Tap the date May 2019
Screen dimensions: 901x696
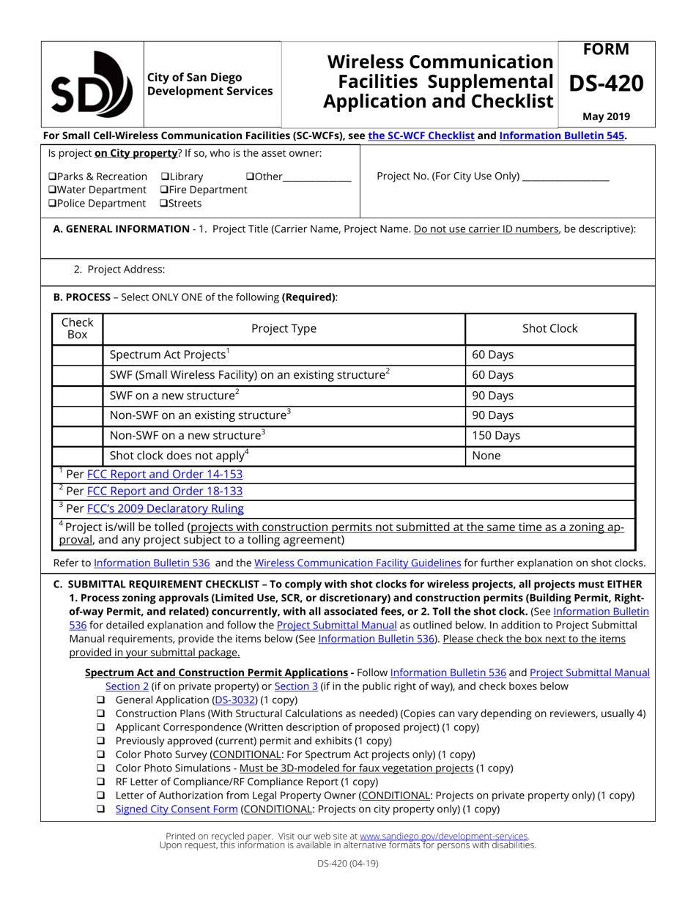coord(606,116)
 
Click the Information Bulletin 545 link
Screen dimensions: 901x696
coord(562,136)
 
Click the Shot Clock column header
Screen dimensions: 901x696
coord(549,329)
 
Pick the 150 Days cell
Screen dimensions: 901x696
coord(549,435)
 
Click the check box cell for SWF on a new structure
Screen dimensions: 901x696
coord(78,396)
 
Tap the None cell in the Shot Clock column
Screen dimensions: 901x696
coord(549,456)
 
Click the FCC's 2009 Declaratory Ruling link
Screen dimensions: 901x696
coord(166,508)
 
